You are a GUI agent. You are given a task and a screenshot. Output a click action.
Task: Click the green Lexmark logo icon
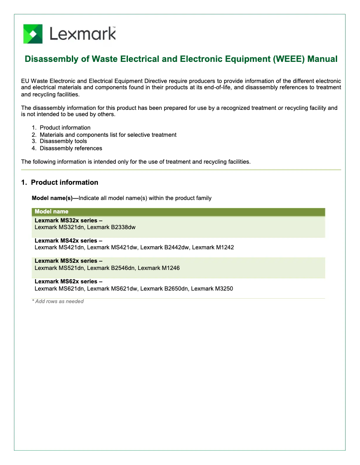pos(33,34)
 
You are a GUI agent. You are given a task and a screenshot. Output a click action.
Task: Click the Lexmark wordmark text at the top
pos(83,34)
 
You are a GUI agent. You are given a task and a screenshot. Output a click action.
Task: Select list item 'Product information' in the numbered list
pos(65,128)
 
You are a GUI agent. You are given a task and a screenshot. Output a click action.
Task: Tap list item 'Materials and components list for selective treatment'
pos(108,135)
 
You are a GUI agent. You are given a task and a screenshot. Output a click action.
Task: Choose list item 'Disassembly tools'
pos(63,141)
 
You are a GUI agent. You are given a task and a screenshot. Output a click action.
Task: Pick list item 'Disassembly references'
pos(70,148)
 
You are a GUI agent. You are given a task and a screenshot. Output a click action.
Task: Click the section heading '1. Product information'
pos(60,183)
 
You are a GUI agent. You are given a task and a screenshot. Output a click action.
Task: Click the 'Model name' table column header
pos(52,212)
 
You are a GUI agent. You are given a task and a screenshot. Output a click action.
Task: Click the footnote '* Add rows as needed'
pos(58,301)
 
